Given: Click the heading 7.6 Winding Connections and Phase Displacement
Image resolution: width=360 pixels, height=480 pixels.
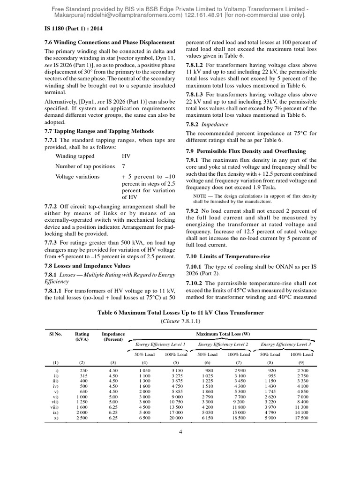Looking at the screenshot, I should [x=110, y=43].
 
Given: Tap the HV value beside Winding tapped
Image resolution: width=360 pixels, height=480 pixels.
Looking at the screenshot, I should [x=126, y=156].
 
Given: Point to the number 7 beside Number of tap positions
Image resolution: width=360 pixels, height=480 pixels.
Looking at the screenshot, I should [x=123, y=166].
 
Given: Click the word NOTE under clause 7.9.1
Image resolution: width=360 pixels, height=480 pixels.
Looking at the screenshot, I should [x=202, y=195].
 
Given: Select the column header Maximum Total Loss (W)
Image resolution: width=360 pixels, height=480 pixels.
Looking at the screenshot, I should [x=226, y=334].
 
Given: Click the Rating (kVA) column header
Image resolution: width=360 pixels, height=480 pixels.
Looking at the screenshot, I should [x=82, y=337].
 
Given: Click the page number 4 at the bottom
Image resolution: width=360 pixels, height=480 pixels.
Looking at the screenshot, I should [x=180, y=445].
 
